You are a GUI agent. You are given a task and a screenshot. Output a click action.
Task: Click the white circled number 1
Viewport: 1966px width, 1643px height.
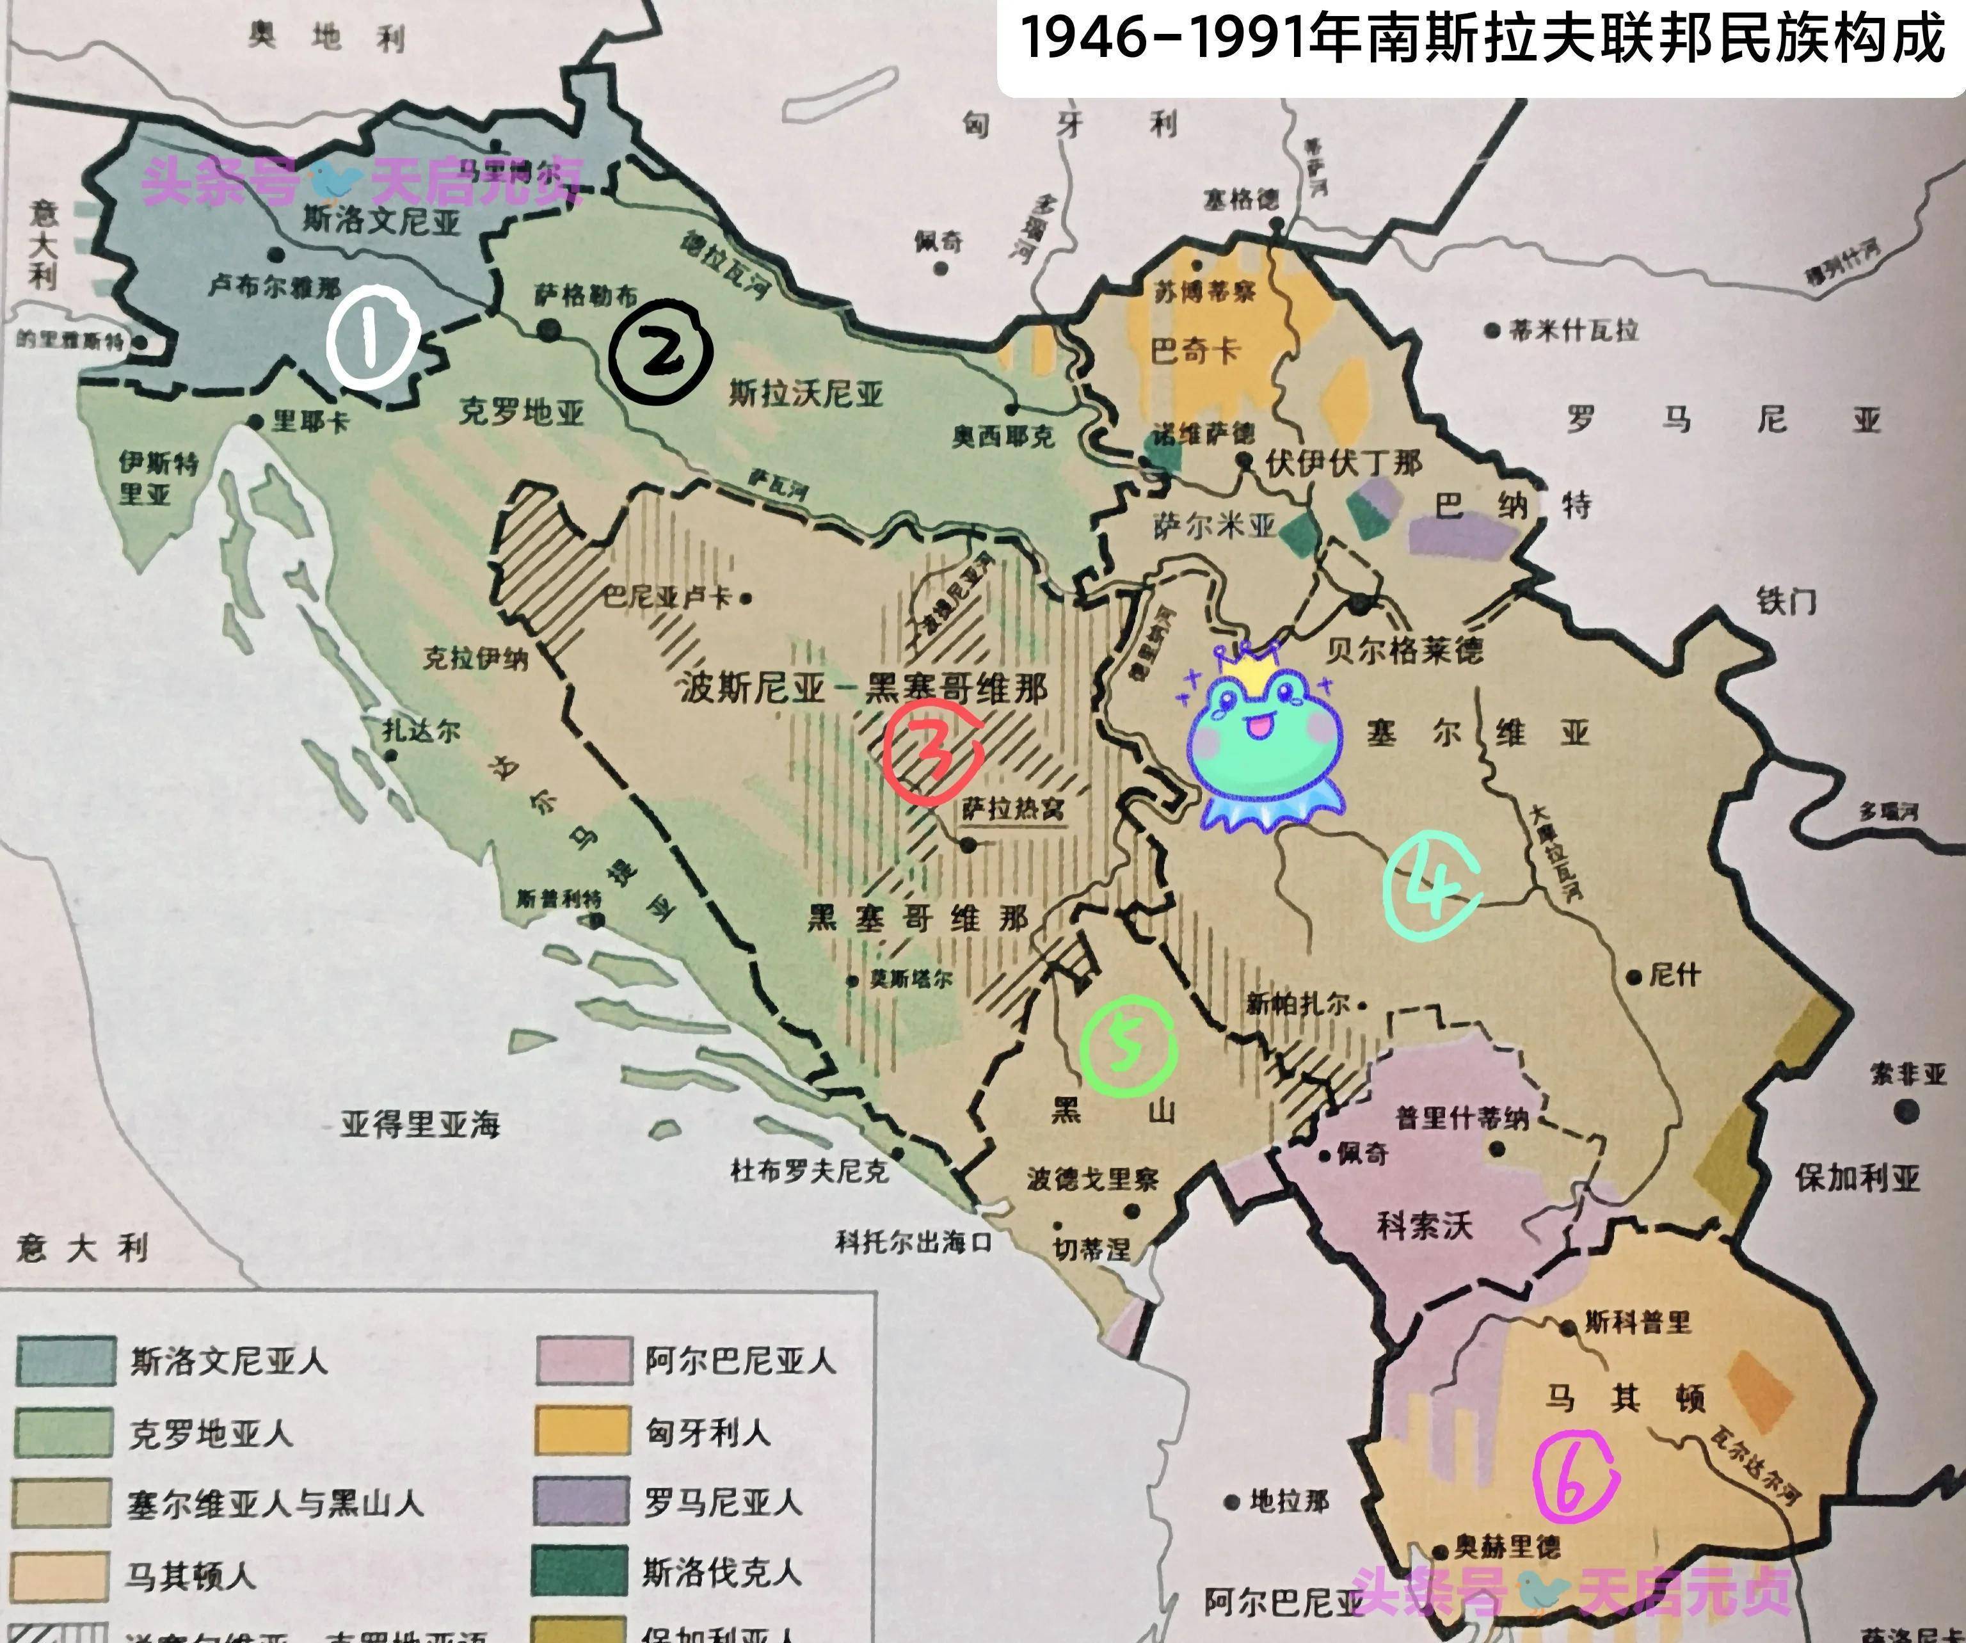372,338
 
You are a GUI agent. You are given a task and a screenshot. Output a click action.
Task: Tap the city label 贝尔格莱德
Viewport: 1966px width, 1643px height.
1404,650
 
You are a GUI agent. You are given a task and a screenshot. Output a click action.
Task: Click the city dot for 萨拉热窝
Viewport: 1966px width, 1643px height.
969,844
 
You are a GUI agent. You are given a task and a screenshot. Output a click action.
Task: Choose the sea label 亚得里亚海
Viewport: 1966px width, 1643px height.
420,1123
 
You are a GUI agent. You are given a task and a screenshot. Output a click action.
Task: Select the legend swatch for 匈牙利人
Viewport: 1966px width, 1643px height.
581,1431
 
